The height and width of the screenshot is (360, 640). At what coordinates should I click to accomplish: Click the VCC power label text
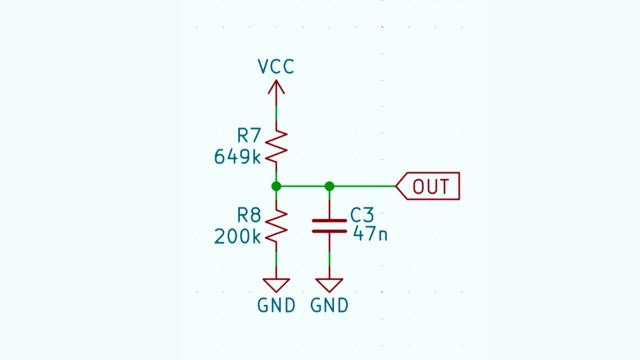(276, 67)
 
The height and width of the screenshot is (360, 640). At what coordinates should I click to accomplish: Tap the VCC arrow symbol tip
(276, 82)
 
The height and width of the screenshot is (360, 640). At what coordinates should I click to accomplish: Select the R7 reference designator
(249, 134)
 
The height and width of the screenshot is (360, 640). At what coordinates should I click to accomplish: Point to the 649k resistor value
(237, 156)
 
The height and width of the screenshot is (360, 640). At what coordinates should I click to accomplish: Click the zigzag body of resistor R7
(276, 146)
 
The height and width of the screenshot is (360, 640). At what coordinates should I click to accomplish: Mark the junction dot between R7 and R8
(276, 186)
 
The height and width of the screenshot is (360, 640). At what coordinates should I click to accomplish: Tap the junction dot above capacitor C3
(330, 186)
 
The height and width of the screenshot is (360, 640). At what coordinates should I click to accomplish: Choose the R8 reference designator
(249, 215)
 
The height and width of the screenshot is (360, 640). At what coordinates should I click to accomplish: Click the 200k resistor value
(237, 237)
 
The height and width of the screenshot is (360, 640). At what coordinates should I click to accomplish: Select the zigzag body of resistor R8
(276, 227)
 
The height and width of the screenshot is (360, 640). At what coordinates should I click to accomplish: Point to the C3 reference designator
(362, 215)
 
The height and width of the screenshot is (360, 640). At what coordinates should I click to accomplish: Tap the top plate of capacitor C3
(330, 220)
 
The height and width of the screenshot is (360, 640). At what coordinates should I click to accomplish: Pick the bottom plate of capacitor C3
(330, 231)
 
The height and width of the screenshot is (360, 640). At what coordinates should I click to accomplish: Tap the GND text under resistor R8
(276, 306)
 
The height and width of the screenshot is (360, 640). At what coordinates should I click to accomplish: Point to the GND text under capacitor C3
(330, 306)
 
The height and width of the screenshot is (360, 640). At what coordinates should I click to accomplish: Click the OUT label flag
(429, 186)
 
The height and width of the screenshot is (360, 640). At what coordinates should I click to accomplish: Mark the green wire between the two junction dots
(303, 186)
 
